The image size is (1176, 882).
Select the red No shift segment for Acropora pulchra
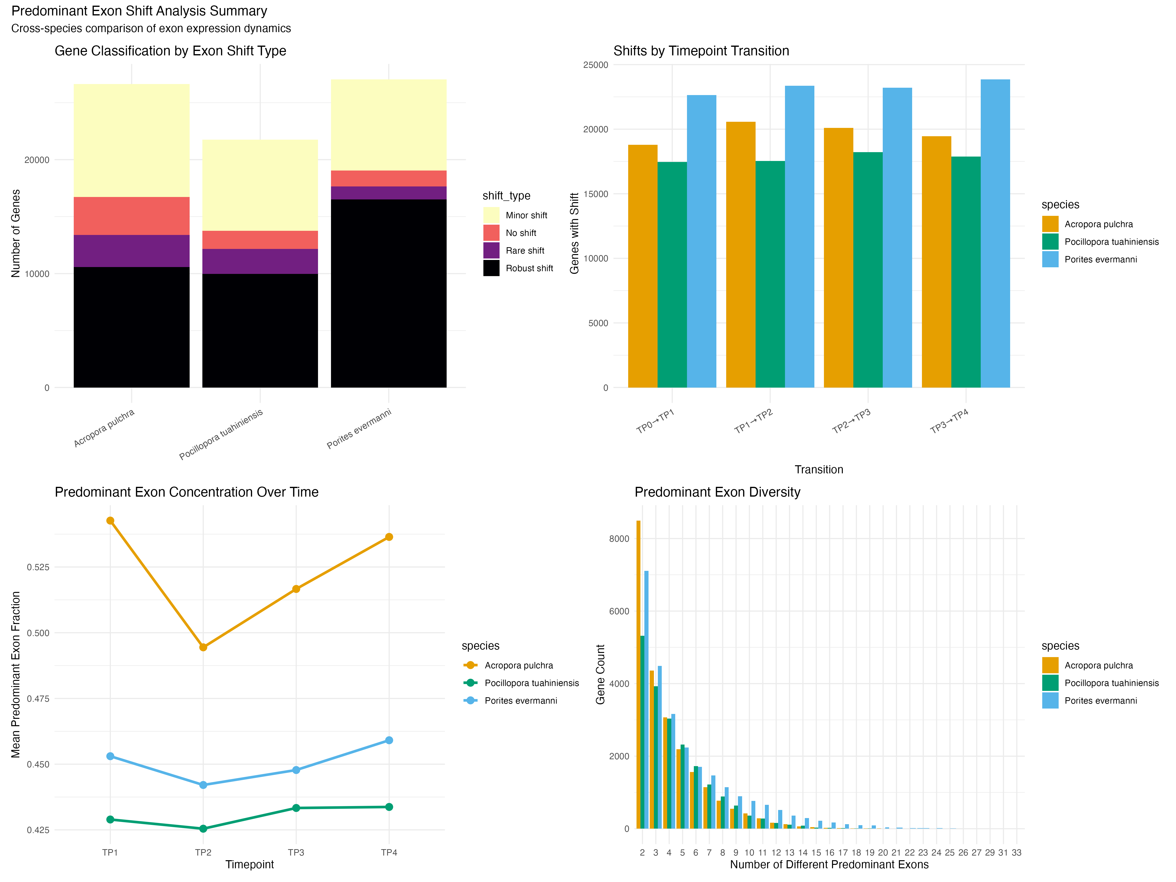tap(131, 216)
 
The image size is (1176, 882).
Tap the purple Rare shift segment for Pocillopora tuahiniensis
tap(260, 261)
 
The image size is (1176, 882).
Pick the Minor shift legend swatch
tap(491, 215)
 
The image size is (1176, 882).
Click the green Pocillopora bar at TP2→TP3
tap(868, 270)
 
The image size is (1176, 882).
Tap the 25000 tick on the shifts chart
tap(595, 65)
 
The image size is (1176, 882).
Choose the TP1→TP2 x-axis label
tap(753, 421)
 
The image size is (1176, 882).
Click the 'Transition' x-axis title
tap(819, 469)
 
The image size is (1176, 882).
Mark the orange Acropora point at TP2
tap(203, 647)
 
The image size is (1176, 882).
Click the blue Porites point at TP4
tap(389, 740)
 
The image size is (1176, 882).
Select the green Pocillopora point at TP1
tap(110, 819)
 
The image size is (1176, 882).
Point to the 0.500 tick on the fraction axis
tap(38, 633)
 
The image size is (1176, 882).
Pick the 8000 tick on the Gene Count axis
tap(619, 539)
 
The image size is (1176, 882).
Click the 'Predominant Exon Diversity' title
tap(717, 492)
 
